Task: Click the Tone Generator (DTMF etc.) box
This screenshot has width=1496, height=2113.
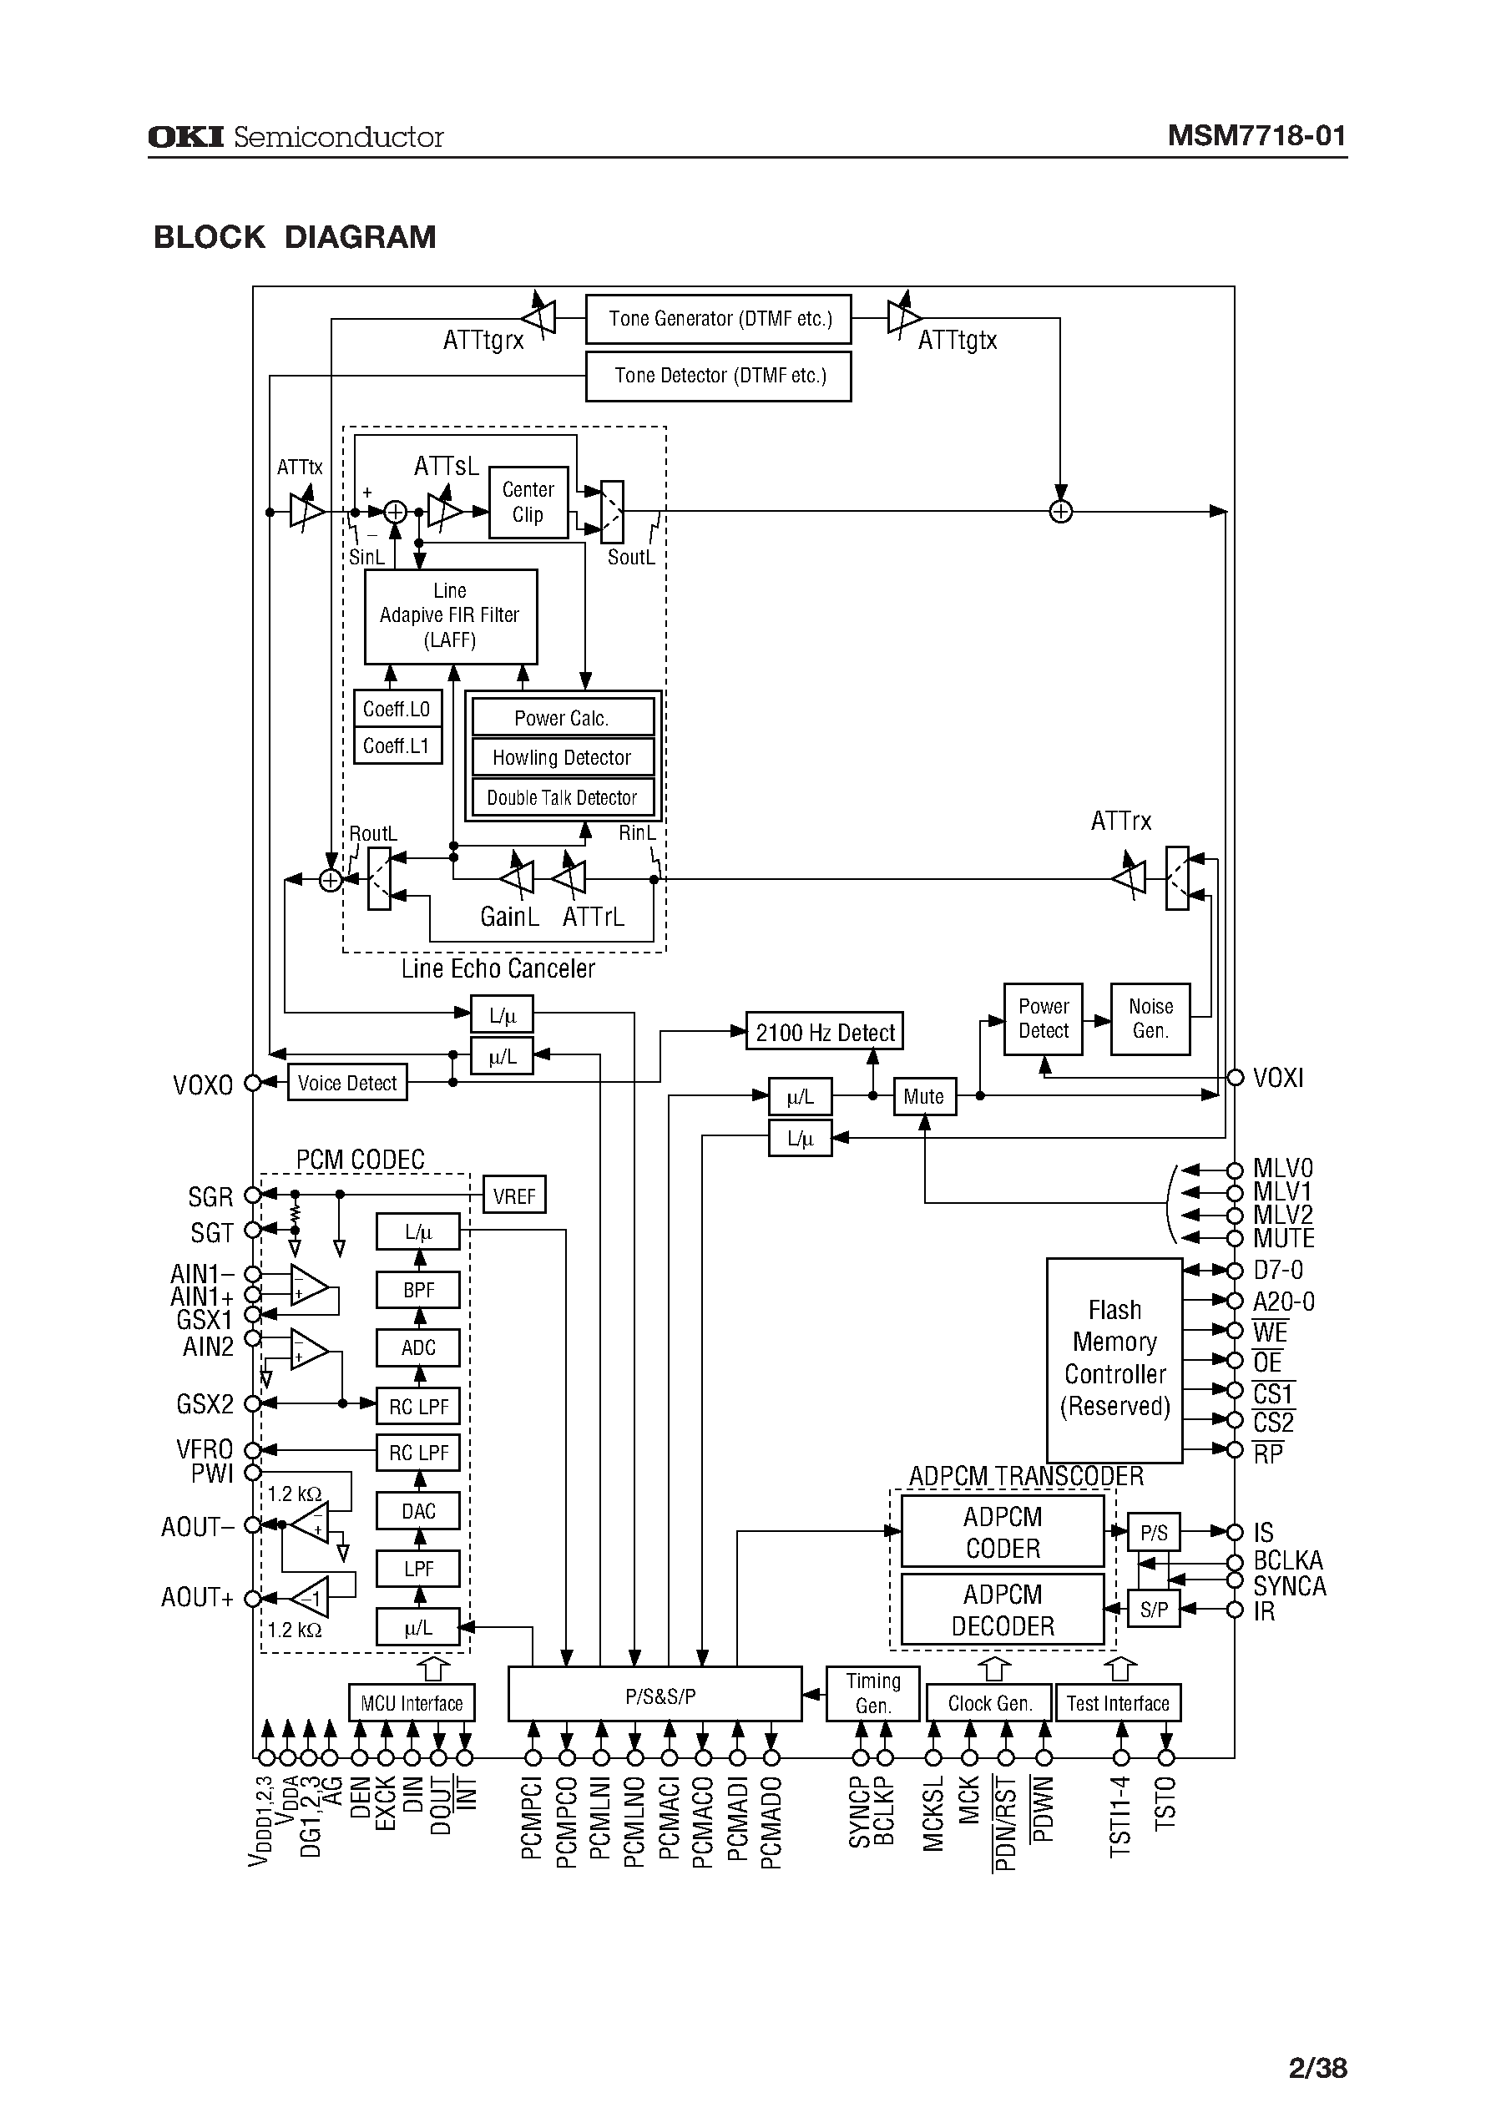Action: click(719, 319)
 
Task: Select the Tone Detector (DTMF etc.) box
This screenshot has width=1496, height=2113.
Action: click(719, 376)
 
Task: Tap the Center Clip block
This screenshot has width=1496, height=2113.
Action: click(528, 502)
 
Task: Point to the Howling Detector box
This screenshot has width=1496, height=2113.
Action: click(562, 757)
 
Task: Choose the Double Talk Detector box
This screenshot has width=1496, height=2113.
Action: click(562, 797)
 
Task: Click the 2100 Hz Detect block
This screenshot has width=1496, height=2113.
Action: click(825, 1033)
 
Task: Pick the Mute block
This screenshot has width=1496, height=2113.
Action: click(924, 1096)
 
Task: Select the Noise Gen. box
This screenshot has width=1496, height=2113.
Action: click(1150, 1019)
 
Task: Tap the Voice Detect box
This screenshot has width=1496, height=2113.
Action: click(347, 1083)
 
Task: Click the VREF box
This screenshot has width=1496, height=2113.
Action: click(514, 1196)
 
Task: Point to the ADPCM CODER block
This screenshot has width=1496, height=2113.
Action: click(1003, 1532)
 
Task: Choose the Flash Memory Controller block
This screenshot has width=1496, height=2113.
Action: click(1114, 1358)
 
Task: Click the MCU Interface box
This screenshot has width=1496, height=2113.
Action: click(412, 1703)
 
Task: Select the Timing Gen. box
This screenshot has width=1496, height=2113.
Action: click(873, 1693)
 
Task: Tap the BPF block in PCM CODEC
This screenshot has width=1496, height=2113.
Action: click(418, 1291)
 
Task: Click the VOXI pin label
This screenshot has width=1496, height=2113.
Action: click(1277, 1078)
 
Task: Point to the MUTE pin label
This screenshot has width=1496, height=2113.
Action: click(1283, 1239)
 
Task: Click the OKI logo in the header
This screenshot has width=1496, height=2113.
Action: click(186, 137)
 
